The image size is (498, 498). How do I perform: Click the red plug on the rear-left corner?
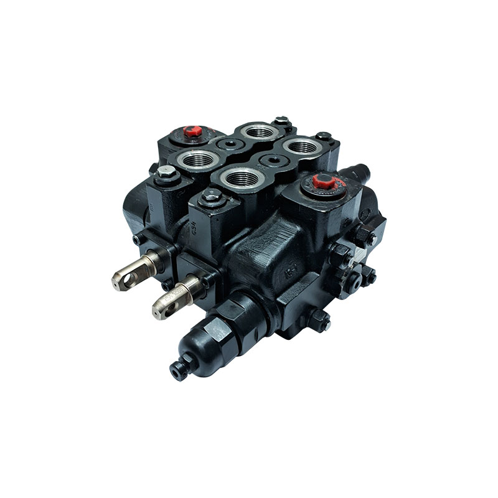click(192, 132)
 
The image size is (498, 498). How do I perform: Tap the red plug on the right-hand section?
click(322, 181)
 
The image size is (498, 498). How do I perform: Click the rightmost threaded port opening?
click(302, 147)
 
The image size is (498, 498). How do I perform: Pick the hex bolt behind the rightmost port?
click(322, 135)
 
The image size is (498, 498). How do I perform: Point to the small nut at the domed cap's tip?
click(178, 370)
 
